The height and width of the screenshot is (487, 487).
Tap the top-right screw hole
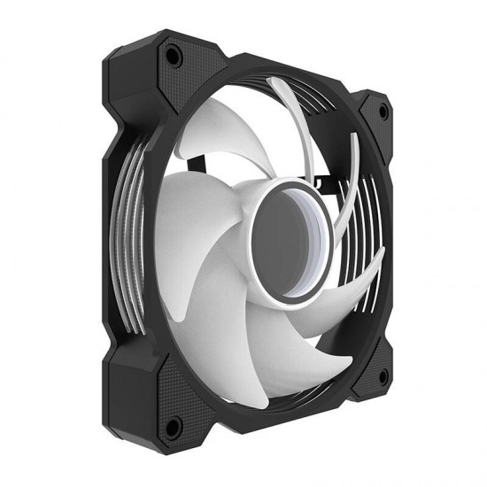tap(383, 112)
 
